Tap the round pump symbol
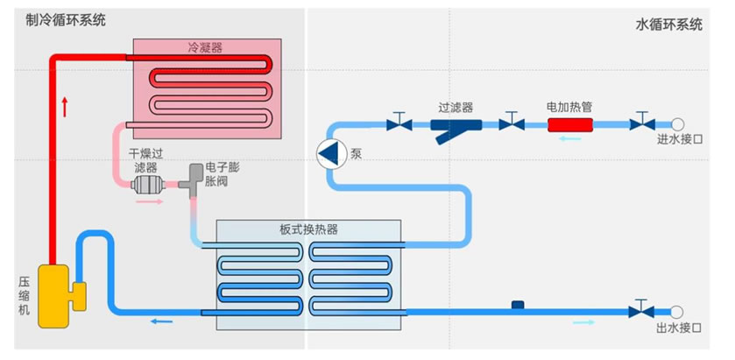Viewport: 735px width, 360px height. pos(330,153)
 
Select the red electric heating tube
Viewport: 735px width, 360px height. pos(570,124)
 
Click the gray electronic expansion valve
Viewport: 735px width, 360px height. pos(189,183)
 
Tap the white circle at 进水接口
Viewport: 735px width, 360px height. pos(677,124)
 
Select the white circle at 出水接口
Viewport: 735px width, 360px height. pos(677,311)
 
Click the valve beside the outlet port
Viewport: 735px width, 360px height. pos(644,310)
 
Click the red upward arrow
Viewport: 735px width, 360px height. pos(66,108)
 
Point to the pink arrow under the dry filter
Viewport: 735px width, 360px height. pos(150,202)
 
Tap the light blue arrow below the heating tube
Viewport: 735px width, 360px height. pos(570,138)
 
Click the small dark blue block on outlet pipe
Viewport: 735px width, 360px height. pos(518,305)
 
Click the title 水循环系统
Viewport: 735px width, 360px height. pos(669,25)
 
